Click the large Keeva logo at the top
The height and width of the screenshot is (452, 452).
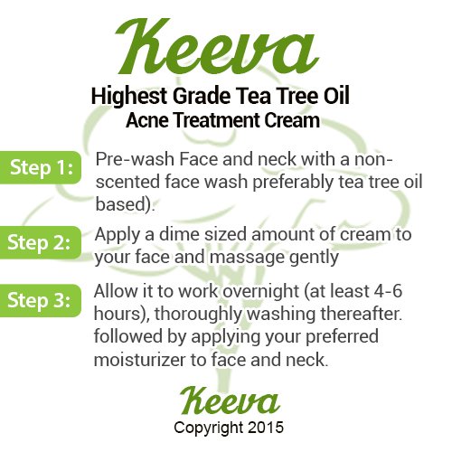(x=217, y=47)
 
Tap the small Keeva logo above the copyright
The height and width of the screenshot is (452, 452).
(x=230, y=400)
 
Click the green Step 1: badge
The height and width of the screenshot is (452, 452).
(x=41, y=167)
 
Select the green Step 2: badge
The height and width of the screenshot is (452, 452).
(x=41, y=242)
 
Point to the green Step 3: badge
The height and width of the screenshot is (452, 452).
(x=41, y=300)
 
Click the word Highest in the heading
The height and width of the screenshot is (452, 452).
(x=129, y=97)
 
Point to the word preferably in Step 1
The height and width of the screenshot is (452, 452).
(x=293, y=183)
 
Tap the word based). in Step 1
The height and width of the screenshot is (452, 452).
(x=125, y=204)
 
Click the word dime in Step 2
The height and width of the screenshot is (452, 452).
(x=179, y=234)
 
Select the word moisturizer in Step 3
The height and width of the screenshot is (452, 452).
(x=139, y=360)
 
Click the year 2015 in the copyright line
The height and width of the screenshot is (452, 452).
(x=266, y=428)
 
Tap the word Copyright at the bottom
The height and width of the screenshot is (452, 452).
(x=209, y=428)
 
